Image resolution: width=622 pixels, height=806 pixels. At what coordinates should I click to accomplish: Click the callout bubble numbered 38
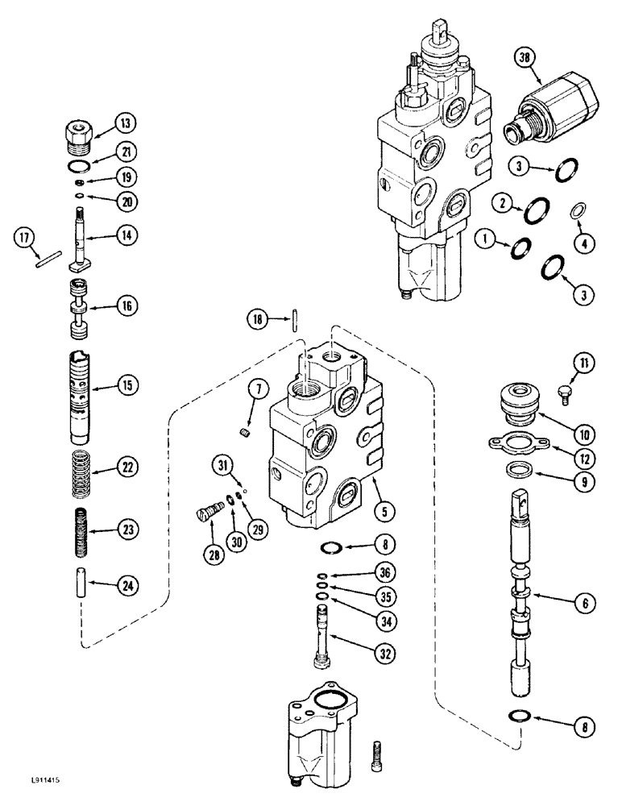(525, 58)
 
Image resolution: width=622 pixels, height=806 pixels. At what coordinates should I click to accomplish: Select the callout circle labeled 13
(125, 123)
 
